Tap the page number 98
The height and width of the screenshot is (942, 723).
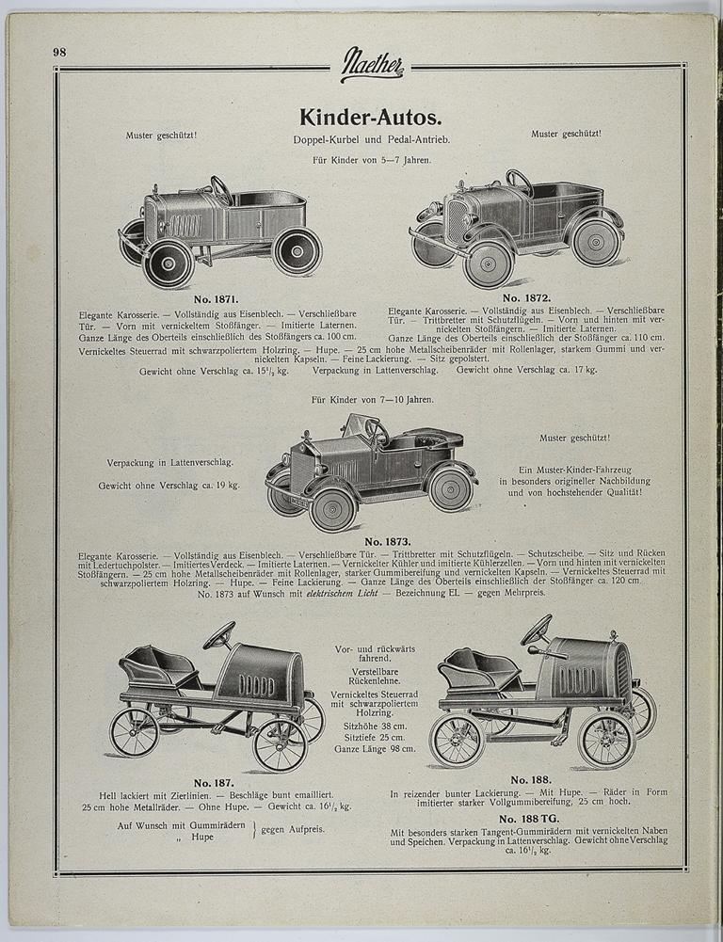pyautogui.click(x=59, y=52)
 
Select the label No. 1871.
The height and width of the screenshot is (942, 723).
pyautogui.click(x=216, y=298)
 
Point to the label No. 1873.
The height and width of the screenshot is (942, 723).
pyautogui.click(x=387, y=541)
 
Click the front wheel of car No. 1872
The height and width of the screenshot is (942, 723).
pyautogui.click(x=488, y=264)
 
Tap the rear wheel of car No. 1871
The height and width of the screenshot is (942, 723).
pyautogui.click(x=297, y=251)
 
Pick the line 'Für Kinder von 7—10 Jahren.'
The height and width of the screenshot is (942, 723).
pyautogui.click(x=373, y=400)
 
